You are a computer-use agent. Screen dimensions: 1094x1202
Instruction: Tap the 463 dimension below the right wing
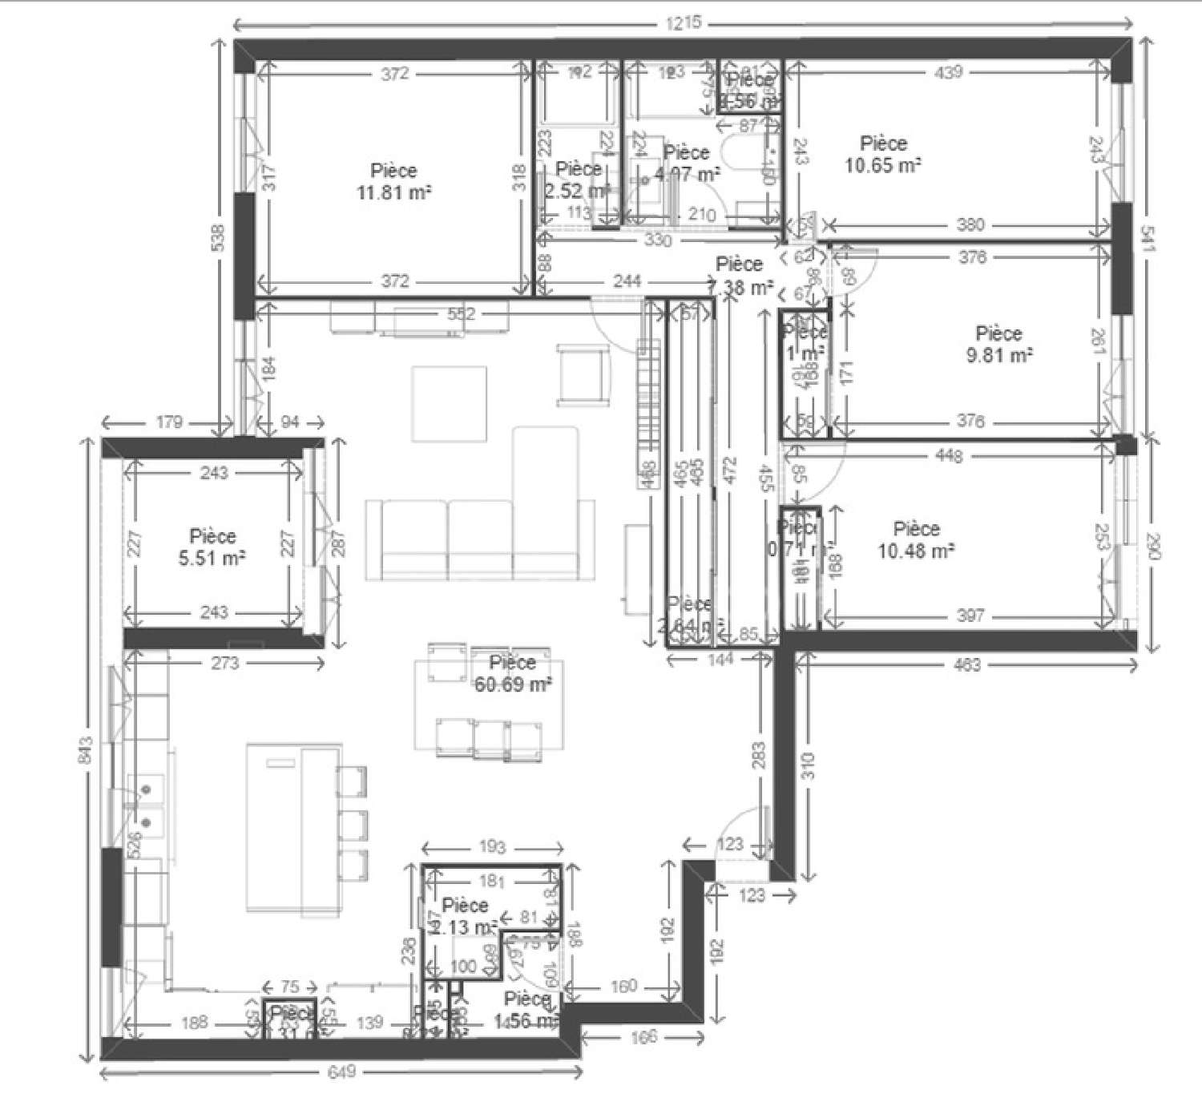[x=967, y=664]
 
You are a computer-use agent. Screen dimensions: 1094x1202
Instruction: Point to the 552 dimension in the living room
[x=461, y=313]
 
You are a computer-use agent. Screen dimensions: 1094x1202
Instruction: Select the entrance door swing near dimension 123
[x=741, y=834]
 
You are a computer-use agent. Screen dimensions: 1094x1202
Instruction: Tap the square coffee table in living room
[x=449, y=403]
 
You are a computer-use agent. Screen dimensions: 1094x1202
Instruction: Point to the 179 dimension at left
[x=169, y=422]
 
